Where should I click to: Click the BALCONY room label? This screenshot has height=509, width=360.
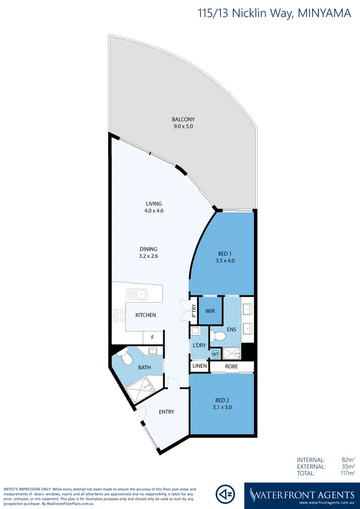click(x=183, y=119)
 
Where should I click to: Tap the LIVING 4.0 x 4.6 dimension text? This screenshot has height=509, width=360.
click(x=155, y=211)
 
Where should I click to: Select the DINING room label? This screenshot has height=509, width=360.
click(x=149, y=249)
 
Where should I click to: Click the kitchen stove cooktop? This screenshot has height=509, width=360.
click(x=118, y=315)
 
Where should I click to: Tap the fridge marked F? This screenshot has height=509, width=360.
click(x=153, y=337)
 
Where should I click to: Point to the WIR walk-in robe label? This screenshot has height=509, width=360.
click(x=210, y=311)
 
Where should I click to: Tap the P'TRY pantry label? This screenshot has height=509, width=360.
click(x=194, y=311)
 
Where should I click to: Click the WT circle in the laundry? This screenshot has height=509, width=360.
click(x=215, y=354)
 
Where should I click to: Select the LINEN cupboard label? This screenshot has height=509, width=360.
click(x=200, y=366)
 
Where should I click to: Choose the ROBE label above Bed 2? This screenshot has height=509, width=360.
click(x=231, y=366)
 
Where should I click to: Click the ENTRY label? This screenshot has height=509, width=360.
click(x=167, y=412)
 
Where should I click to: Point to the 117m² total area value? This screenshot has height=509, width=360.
click(x=346, y=473)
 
